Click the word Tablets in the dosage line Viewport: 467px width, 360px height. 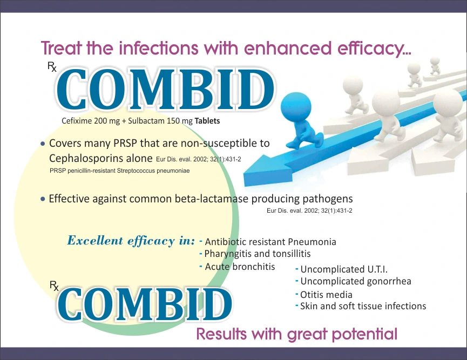(x=207, y=121)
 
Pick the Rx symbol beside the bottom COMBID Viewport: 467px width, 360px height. (x=54, y=286)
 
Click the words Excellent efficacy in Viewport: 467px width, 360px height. (x=131, y=241)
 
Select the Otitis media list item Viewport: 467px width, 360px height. (x=326, y=295)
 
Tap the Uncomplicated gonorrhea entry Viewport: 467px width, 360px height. (x=356, y=281)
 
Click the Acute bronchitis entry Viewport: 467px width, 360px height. (x=240, y=267)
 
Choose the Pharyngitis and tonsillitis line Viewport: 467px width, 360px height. (x=257, y=254)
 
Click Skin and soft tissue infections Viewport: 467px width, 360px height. (x=363, y=307)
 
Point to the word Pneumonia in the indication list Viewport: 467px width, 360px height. (x=312, y=242)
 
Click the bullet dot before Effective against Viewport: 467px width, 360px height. (x=43, y=199)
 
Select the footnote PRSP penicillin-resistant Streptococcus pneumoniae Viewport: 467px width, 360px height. (x=119, y=171)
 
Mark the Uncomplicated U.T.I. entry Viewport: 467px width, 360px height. (x=344, y=269)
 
